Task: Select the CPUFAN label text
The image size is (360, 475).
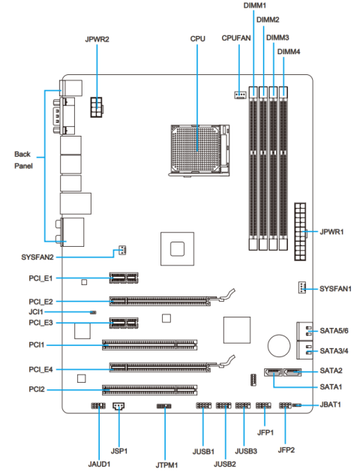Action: [x=236, y=37]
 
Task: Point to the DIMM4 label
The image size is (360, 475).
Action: [x=289, y=51]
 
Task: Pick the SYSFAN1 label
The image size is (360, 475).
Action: [x=335, y=288]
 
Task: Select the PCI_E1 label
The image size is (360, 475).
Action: [x=37, y=278]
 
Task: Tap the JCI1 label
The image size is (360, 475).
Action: [x=36, y=311]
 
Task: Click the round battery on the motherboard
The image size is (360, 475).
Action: [x=279, y=344]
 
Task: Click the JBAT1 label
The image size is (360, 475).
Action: [x=331, y=404]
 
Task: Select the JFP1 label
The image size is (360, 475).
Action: [x=263, y=432]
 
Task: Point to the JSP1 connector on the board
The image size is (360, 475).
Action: [x=118, y=407]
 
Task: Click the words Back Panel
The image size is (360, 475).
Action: [x=23, y=159]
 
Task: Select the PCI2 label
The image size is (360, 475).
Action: [x=36, y=390]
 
